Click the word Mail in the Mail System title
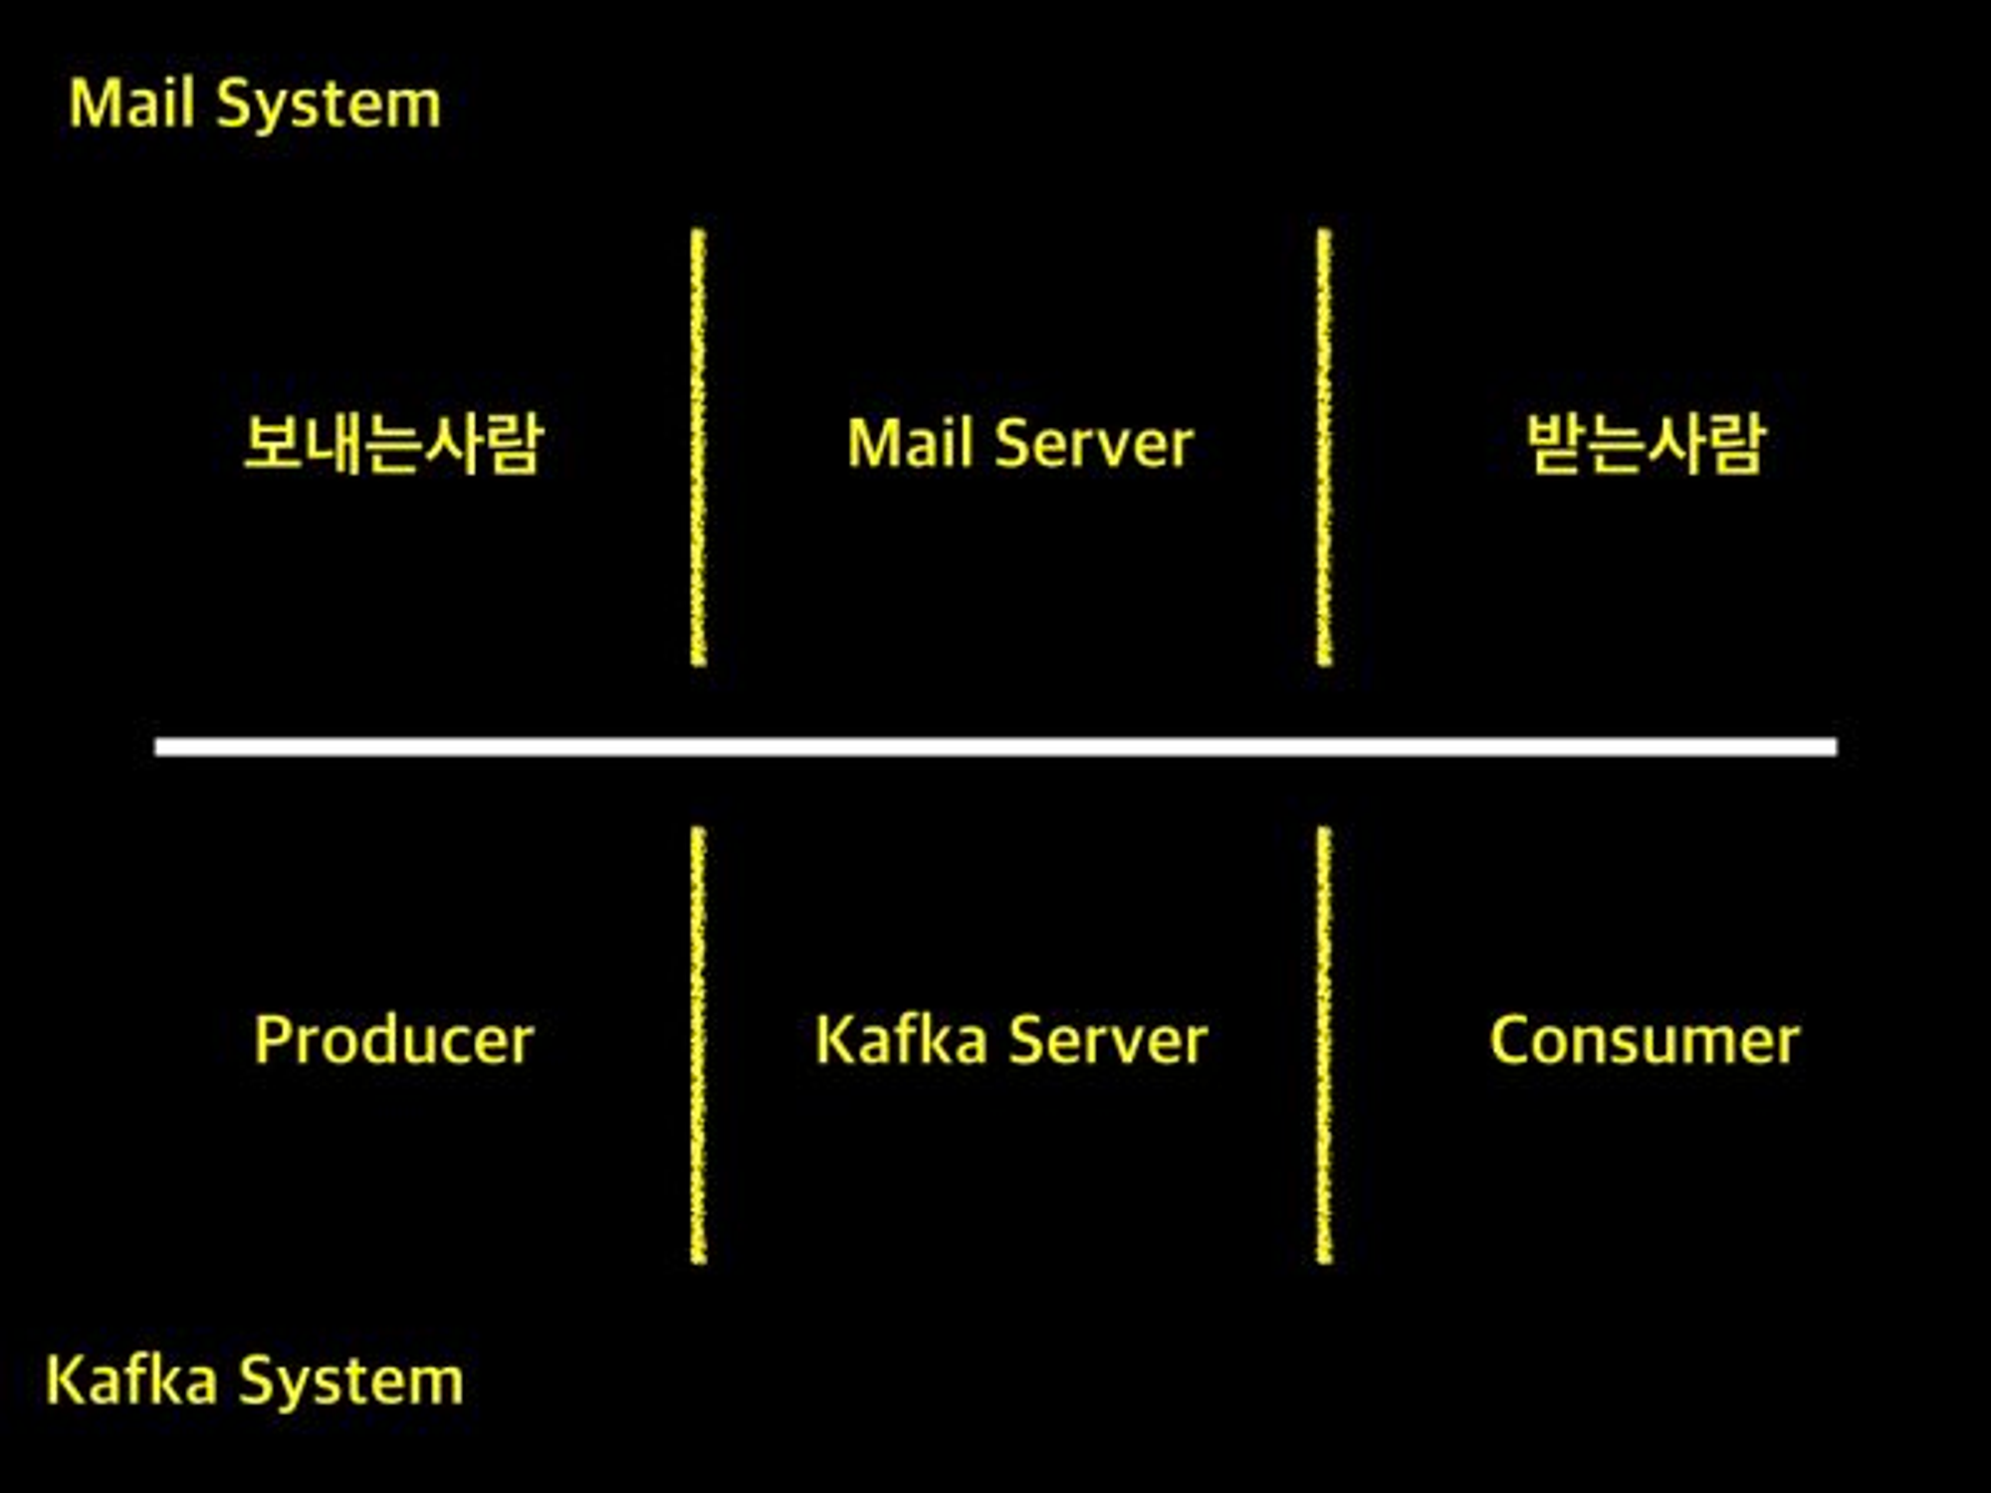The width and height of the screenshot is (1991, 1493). tap(131, 104)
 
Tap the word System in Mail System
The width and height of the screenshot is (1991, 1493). tap(329, 106)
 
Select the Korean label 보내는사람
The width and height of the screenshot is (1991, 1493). tap(393, 444)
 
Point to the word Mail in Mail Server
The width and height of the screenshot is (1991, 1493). tap(910, 443)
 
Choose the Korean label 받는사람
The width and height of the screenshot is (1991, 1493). tap(1646, 444)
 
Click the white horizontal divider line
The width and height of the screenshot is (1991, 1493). tap(995, 746)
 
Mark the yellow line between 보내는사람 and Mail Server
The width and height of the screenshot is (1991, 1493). tap(698, 448)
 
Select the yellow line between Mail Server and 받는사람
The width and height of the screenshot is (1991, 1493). tap(1323, 448)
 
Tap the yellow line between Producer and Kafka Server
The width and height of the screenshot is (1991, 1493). tap(698, 1045)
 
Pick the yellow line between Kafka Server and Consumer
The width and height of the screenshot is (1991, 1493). tap(1323, 1045)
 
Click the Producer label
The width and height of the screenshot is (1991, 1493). tap(394, 1041)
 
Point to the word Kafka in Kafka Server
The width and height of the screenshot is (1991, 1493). tap(901, 1041)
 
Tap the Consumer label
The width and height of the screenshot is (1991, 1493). tap(1645, 1041)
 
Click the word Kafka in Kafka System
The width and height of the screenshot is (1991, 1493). tap(131, 1381)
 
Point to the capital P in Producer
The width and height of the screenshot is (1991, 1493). tap(272, 1040)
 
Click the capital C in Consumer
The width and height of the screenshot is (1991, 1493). tap(1510, 1041)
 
